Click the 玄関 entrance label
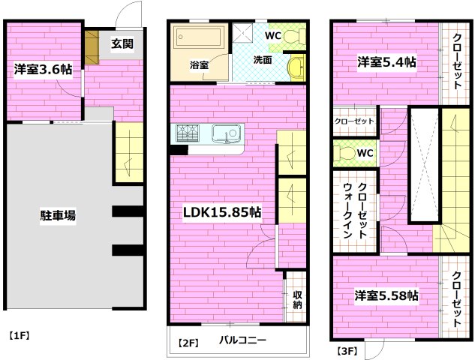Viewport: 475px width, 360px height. pyautogui.click(x=123, y=44)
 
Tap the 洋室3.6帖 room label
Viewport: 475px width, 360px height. pyautogui.click(x=43, y=70)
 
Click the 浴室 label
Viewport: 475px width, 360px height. pyautogui.click(x=199, y=65)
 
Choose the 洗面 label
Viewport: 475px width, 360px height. pyautogui.click(x=262, y=60)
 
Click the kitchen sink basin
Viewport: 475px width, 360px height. pyautogui.click(x=225, y=134)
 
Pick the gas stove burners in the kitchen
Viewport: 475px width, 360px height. pyautogui.click(x=188, y=134)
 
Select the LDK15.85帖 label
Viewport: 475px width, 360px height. pyautogui.click(x=222, y=212)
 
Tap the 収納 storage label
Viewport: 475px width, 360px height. pyautogui.click(x=297, y=299)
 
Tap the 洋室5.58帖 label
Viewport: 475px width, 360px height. pyautogui.click(x=386, y=295)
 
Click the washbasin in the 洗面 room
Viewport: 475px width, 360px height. pyautogui.click(x=297, y=68)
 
